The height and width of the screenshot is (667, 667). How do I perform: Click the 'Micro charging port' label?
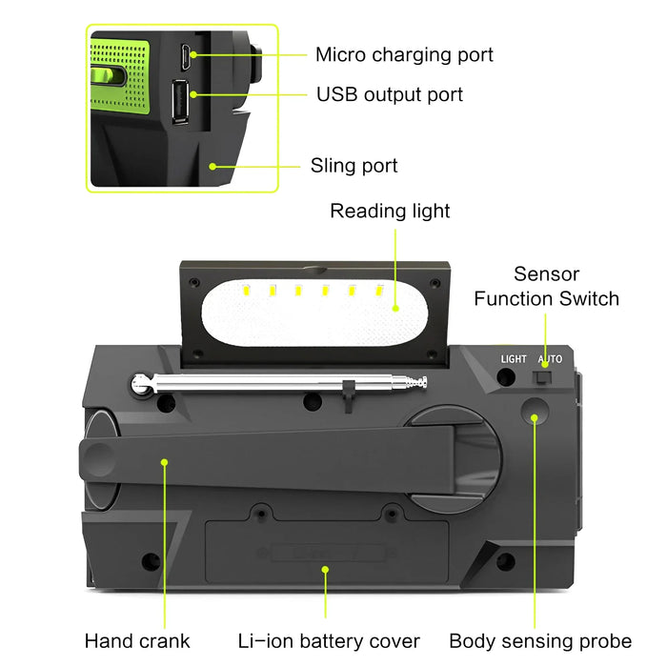[404, 54]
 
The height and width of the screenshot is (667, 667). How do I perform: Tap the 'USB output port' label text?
[389, 94]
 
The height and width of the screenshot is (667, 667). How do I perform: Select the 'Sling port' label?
[354, 166]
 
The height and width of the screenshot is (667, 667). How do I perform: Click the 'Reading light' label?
[390, 211]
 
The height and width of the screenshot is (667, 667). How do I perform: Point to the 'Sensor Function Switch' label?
[546, 287]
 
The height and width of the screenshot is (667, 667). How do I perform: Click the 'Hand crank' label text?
[137, 640]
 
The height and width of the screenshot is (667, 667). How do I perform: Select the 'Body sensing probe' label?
[540, 640]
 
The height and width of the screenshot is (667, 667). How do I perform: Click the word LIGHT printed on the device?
[514, 359]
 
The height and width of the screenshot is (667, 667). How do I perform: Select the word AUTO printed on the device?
[550, 359]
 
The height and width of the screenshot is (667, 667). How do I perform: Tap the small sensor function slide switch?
[543, 378]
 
